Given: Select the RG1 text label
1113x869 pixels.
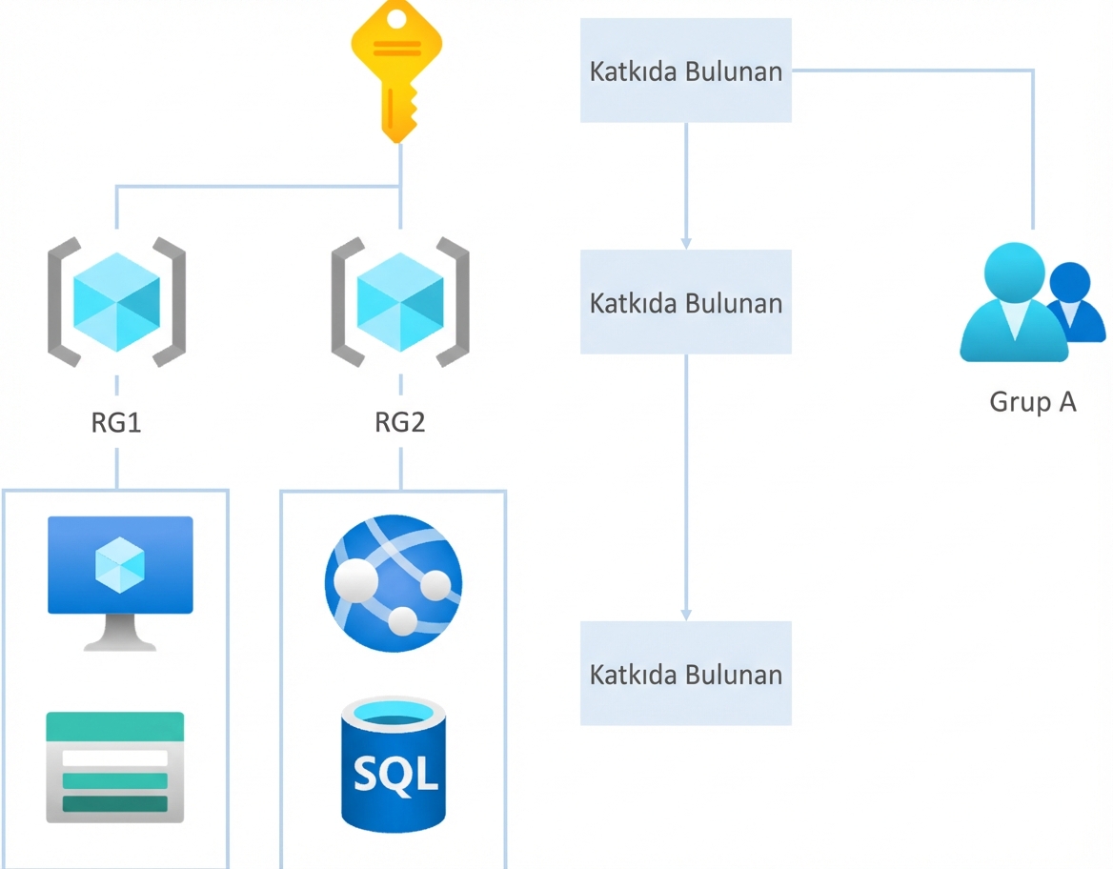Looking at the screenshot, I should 116,423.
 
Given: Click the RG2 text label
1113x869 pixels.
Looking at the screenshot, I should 400,423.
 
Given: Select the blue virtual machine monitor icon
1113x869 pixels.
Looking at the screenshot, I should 120,567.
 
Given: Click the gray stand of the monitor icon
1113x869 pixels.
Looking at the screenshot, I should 120,634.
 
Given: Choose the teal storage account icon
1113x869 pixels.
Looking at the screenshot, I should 115,767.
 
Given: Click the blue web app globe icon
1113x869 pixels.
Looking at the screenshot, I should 394,582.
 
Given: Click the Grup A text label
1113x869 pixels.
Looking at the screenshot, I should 1033,402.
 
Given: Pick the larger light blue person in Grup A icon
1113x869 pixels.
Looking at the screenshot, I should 1012,303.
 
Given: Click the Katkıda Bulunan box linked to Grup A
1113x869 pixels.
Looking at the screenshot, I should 686,71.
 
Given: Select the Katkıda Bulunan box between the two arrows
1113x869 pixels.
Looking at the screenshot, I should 686,302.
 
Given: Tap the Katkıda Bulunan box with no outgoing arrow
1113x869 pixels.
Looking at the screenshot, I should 686,674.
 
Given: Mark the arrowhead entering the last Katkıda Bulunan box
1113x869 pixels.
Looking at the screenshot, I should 686,615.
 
